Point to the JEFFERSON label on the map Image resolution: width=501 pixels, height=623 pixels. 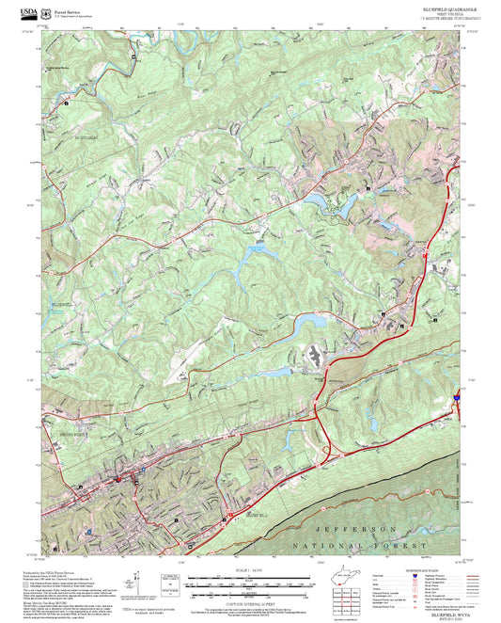click(x=354, y=530)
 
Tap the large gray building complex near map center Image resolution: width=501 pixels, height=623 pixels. click(x=316, y=357)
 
